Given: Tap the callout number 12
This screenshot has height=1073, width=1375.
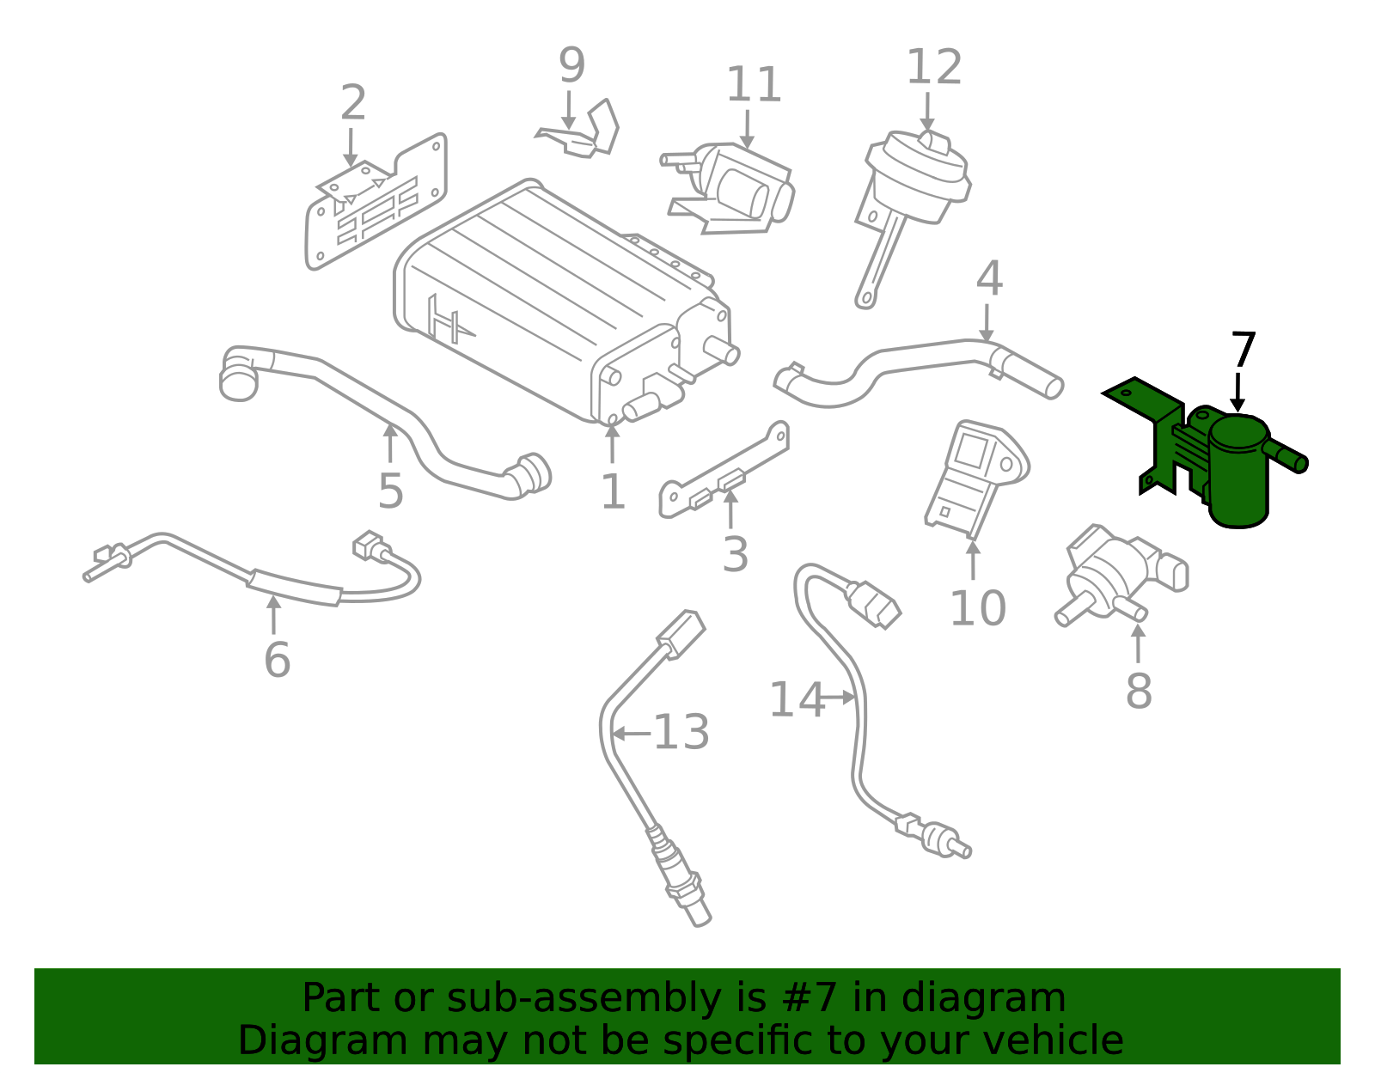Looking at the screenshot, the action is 934,67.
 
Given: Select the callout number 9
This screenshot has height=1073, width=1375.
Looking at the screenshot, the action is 571,65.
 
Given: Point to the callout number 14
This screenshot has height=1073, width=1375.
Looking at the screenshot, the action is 797,700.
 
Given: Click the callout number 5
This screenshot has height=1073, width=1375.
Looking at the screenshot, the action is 390,491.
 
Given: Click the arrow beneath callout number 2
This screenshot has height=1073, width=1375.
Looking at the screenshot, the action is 351,147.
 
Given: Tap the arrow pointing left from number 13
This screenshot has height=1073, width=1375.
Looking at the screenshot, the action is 632,734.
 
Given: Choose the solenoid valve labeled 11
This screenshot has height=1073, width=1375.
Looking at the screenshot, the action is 728,188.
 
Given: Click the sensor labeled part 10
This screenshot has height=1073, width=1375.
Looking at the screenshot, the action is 975,479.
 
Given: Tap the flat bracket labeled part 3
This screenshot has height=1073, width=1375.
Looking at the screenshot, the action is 724,471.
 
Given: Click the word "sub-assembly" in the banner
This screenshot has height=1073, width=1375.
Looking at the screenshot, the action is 584,997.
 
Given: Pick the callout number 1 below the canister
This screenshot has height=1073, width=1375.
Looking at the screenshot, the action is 613,492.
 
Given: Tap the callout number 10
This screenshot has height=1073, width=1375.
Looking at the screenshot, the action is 978,608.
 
